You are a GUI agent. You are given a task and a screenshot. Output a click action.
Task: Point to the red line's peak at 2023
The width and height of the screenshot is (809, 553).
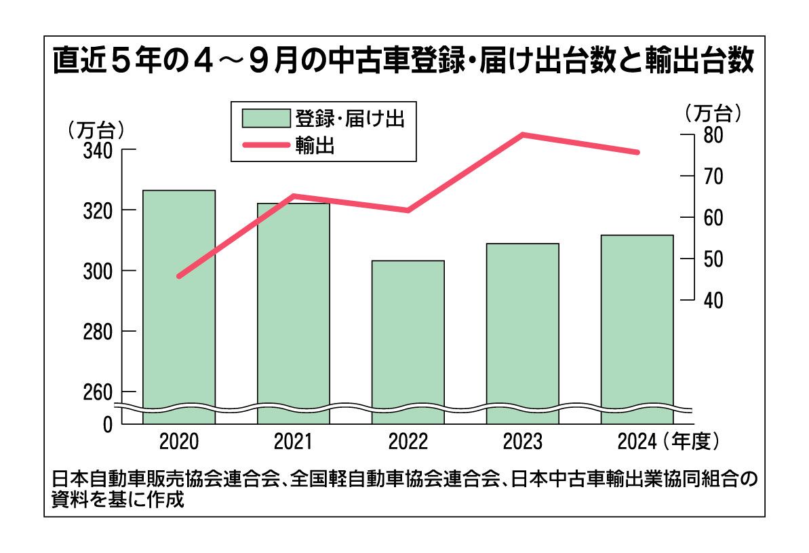coord(523,134)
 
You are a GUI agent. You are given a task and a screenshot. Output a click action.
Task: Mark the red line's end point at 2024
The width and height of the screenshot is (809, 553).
coord(637,152)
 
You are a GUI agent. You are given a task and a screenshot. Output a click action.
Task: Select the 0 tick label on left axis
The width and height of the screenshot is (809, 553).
coord(107,425)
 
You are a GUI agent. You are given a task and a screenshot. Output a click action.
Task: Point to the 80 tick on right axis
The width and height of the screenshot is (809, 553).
coord(712,135)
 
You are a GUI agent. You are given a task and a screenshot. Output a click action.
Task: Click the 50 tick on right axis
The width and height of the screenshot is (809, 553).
coord(712,259)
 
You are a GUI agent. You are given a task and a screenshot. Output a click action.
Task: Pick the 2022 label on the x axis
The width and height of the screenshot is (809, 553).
coord(408,442)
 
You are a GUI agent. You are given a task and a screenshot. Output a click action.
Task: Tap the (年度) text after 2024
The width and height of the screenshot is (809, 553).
coord(691,442)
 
